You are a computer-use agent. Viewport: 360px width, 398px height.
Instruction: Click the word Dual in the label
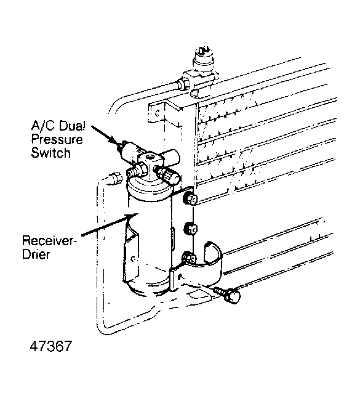72,126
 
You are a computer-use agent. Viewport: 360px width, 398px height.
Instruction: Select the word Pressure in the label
57,140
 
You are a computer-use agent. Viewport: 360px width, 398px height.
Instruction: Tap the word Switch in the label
50,153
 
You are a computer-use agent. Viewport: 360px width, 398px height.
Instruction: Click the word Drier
36,254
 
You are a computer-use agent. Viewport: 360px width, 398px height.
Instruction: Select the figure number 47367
51,346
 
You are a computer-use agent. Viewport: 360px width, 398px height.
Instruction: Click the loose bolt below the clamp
228,294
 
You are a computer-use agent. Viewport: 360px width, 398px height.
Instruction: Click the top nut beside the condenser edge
190,199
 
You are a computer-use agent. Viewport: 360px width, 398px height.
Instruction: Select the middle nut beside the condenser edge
190,229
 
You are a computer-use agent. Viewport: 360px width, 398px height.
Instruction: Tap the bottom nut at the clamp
190,258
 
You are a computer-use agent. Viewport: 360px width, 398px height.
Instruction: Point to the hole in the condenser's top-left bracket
158,113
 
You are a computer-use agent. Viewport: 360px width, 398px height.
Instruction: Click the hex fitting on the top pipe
183,84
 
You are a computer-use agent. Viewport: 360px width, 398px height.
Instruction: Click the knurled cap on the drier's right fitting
171,177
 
